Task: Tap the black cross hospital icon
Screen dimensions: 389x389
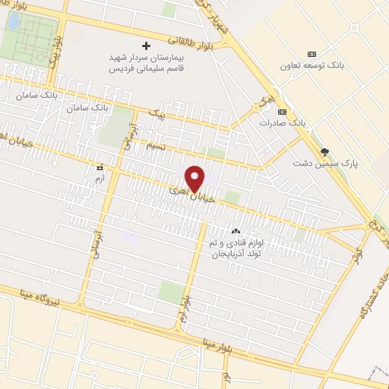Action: [147, 46]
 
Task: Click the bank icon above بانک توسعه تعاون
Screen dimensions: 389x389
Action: [312, 54]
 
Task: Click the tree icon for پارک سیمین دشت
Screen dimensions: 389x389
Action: [325, 152]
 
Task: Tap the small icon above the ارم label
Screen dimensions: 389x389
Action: [98, 167]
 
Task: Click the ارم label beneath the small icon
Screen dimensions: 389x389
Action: [98, 178]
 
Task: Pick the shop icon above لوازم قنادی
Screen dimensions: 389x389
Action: [235, 231]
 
